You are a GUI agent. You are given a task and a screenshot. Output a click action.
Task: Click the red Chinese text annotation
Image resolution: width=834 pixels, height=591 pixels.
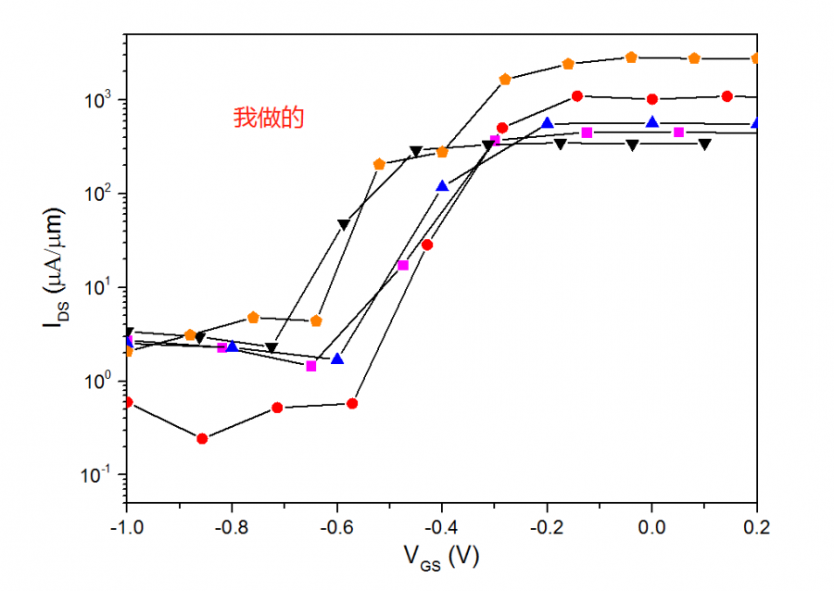click(269, 118)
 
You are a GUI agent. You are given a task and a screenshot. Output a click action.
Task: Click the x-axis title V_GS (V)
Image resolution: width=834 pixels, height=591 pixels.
click(441, 557)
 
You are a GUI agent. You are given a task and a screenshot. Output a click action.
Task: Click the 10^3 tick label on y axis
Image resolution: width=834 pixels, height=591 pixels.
click(102, 100)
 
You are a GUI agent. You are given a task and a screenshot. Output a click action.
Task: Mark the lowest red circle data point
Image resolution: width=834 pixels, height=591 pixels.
click(202, 438)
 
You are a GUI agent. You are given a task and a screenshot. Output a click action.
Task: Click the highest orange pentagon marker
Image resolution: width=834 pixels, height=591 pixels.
click(631, 57)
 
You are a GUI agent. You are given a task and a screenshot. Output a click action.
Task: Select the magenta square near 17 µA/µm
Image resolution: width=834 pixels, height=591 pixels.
click(403, 266)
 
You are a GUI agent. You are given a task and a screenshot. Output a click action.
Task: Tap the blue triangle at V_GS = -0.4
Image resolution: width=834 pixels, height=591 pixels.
click(442, 186)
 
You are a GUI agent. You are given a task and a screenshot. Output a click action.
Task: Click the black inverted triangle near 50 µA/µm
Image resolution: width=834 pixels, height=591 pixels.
click(344, 225)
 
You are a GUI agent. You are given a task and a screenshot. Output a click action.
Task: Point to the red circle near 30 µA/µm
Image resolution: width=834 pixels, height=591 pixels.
click(427, 245)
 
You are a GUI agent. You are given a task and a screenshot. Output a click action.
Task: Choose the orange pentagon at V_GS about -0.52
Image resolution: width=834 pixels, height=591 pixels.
click(379, 165)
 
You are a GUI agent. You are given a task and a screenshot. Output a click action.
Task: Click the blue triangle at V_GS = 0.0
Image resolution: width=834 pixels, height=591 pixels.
click(652, 122)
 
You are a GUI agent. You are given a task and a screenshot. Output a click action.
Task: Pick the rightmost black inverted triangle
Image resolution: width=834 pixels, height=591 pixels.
click(705, 145)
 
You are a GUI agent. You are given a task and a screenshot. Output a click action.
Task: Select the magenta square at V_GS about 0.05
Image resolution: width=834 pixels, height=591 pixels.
click(678, 132)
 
